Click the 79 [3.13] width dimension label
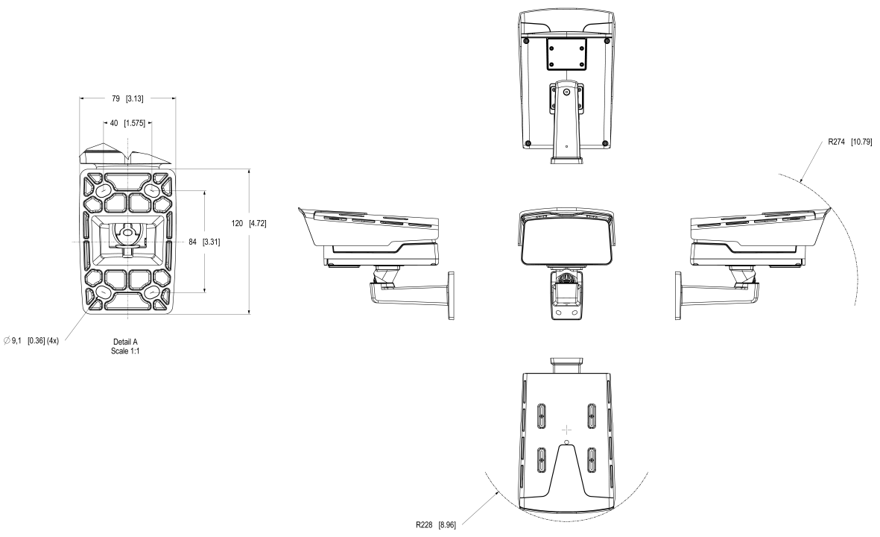coord(127,98)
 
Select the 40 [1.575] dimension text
coord(127,123)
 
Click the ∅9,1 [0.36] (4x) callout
coord(37,340)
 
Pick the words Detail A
coord(125,342)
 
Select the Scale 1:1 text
coord(125,351)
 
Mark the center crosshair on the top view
coord(566,430)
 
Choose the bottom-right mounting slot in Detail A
coord(155,294)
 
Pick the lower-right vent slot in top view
coord(592,456)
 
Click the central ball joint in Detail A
coord(127,233)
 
